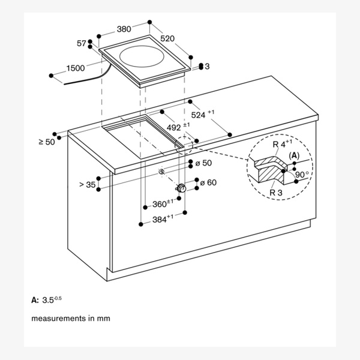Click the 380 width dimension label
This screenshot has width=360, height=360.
tap(124, 29)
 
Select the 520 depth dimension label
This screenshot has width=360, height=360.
tap(167, 38)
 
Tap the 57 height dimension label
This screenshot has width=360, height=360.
tap(81, 43)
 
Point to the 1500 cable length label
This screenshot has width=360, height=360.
tap(76, 68)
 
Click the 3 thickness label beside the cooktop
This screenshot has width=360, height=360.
tap(207, 67)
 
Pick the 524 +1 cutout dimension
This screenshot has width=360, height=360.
tap(203, 115)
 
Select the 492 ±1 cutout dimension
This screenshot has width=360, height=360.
tap(178, 127)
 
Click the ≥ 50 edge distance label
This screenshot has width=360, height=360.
tap(47, 142)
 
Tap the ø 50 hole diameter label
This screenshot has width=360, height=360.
tap(203, 163)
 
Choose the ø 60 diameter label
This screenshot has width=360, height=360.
tap(208, 182)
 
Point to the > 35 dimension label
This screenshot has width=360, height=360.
tap(87, 185)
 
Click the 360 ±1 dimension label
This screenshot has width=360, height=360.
tap(163, 203)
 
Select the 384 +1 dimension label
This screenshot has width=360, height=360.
tap(163, 219)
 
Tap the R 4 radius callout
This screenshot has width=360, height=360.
tap(283, 143)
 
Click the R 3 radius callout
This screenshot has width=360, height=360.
tap(276, 193)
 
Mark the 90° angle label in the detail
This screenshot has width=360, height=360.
tap(302, 175)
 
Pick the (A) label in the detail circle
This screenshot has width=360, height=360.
tap(294, 155)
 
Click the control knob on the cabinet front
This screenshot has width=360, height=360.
tap(182, 188)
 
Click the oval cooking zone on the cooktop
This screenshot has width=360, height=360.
tap(142, 56)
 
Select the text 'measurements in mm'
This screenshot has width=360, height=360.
tap(71, 319)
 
